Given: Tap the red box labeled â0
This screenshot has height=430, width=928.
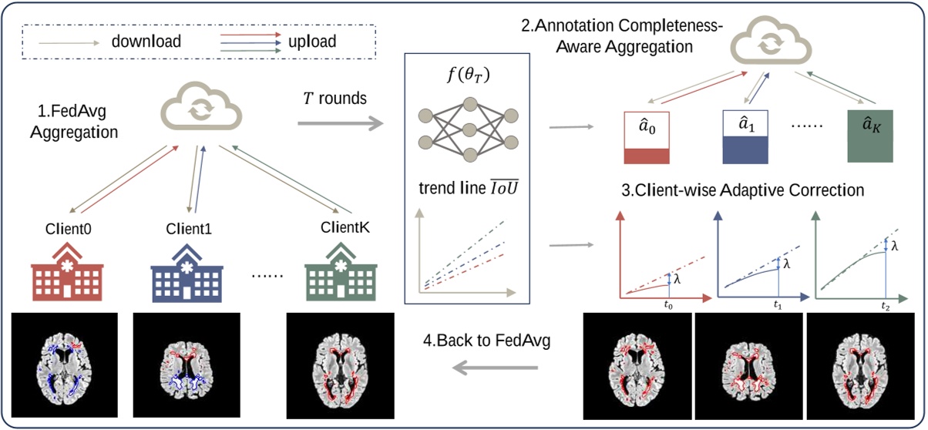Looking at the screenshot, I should tap(647, 136).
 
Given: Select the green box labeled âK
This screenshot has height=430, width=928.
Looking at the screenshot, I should tap(870, 136).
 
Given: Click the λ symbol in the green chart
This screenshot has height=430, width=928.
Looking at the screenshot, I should tap(894, 247).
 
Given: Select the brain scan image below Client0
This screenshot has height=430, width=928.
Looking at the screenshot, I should tap(64, 364).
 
